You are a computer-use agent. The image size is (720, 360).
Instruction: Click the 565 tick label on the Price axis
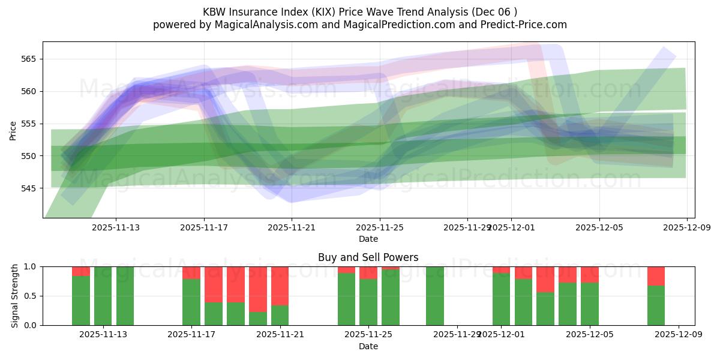tap(29, 59)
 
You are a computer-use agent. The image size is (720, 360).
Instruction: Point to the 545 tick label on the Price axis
tap(29, 188)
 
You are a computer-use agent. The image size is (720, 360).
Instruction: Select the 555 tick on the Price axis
tap(29, 124)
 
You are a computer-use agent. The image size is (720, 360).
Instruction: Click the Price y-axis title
tap(13, 130)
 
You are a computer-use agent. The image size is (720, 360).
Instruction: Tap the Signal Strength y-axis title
tap(15, 296)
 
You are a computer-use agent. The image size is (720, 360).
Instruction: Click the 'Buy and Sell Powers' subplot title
tap(368, 257)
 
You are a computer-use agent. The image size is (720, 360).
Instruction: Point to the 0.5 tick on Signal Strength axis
tap(30, 296)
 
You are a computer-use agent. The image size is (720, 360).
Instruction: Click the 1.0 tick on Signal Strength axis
tap(30, 266)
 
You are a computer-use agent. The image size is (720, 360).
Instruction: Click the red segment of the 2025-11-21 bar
tap(280, 286)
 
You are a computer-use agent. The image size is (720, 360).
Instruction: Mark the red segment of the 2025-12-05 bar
tap(590, 274)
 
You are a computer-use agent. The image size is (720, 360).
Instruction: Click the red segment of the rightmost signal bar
tap(656, 275)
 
